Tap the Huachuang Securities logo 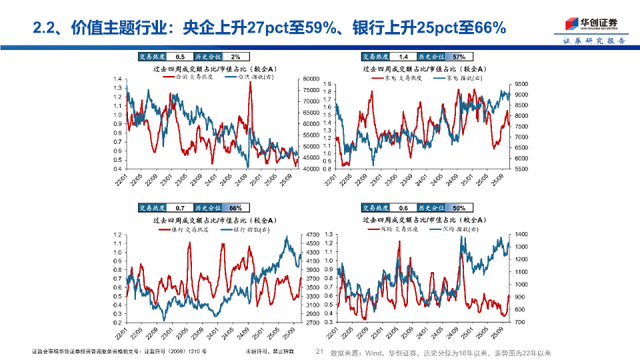(590, 23)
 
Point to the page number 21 (319, 352)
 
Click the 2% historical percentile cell (236, 57)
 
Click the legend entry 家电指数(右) (464, 78)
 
